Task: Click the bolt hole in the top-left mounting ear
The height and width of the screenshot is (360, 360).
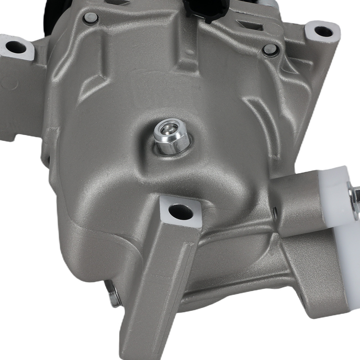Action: tap(16, 46)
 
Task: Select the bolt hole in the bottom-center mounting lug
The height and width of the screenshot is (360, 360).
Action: tap(180, 211)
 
